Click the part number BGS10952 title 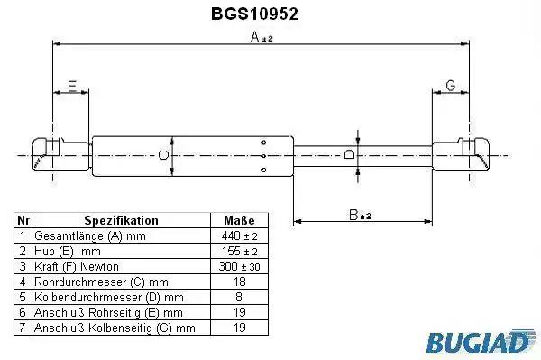254,14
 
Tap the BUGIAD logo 481,341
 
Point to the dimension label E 72,86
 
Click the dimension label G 451,85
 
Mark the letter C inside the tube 163,155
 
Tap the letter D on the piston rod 349,154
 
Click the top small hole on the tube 264,143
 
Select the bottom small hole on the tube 264,170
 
